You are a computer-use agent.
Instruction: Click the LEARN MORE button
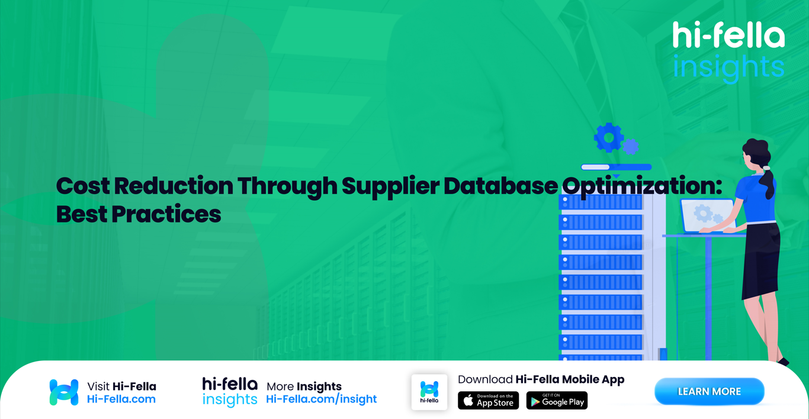(x=709, y=392)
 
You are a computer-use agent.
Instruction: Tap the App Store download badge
(x=488, y=401)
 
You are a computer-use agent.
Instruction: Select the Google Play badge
(x=557, y=401)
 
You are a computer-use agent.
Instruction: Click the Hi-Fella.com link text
(x=121, y=399)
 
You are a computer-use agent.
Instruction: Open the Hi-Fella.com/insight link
(x=321, y=399)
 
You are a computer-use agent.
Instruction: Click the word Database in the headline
(x=500, y=186)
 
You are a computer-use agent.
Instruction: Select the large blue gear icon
(x=608, y=137)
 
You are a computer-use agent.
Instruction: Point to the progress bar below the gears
(x=616, y=167)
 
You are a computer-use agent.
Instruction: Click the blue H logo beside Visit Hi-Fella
(x=64, y=392)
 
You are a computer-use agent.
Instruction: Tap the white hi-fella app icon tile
(x=429, y=392)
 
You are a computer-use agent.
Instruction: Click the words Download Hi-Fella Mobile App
(x=541, y=379)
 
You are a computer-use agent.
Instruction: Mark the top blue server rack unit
(x=601, y=202)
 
